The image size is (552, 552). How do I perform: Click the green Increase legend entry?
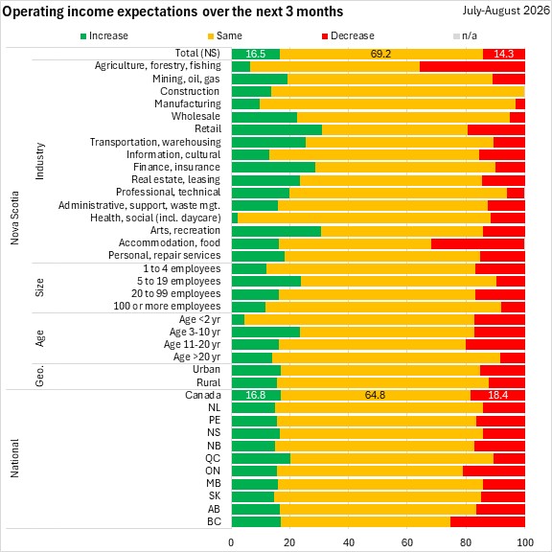(104, 35)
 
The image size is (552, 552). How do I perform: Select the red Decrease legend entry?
(348, 35)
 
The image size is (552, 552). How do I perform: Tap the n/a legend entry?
(465, 35)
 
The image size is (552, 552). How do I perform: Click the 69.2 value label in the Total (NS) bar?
(380, 54)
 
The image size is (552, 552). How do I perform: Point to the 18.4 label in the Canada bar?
(497, 395)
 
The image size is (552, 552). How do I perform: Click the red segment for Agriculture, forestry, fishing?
(472, 66)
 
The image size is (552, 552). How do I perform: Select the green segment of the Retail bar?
(277, 129)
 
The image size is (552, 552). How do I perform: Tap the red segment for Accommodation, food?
(477, 243)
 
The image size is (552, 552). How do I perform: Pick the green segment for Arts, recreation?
(276, 231)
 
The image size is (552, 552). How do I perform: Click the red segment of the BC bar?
(488, 521)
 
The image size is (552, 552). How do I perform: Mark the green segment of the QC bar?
(261, 459)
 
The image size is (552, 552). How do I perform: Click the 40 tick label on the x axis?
(349, 542)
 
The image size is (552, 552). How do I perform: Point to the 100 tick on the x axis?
(524, 542)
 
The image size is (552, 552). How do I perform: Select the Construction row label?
(190, 91)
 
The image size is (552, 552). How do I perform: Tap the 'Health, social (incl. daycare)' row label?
(155, 218)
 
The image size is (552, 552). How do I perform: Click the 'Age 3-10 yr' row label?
(195, 332)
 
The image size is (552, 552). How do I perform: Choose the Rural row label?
(209, 382)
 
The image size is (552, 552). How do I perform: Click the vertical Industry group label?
(40, 161)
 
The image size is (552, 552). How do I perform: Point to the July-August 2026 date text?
(506, 11)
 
